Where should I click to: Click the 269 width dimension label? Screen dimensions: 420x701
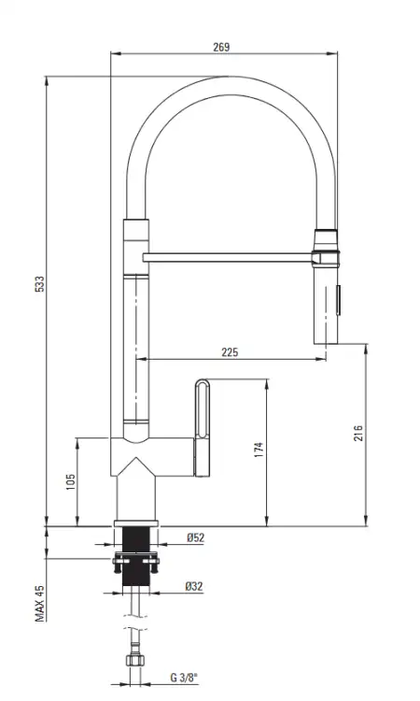(221, 47)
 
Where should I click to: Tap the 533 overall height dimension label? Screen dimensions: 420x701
(40, 284)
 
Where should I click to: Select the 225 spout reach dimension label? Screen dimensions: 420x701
(230, 352)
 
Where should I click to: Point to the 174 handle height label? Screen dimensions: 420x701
(259, 450)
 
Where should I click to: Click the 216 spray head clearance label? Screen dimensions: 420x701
(358, 433)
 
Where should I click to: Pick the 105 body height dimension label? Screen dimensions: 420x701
(71, 482)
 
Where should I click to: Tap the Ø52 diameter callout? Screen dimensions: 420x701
(195, 537)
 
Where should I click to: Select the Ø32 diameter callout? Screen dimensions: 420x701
(194, 586)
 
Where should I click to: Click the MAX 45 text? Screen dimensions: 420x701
(40, 604)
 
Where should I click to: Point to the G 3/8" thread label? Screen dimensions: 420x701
(184, 678)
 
